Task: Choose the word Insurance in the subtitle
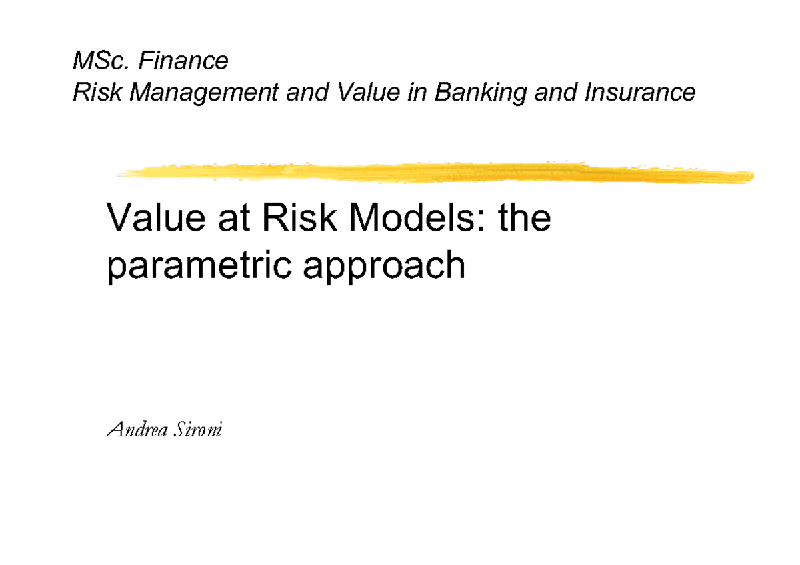click(639, 92)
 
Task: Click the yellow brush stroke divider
click(433, 171)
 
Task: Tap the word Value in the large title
click(153, 219)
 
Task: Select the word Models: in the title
click(414, 219)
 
